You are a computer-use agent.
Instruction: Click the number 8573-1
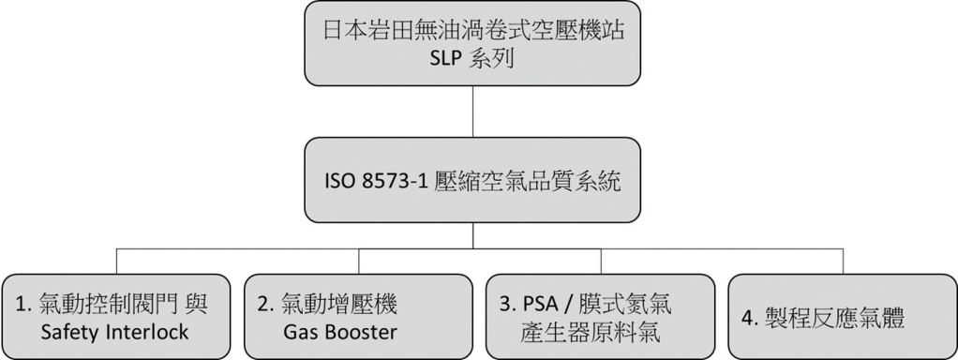pos(392,182)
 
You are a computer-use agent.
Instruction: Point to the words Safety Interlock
pos(115,332)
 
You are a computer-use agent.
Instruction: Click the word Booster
pos(361,332)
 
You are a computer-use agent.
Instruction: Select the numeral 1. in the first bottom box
pos(22,305)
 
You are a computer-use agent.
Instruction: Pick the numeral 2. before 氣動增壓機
pos(265,305)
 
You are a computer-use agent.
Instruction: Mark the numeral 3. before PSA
pos(508,305)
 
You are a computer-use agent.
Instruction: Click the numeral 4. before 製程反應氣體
pos(752,319)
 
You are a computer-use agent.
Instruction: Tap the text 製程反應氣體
pos(834,319)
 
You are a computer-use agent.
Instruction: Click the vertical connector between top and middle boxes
pos(472,112)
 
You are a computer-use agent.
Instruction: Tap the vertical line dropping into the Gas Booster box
pos(359,261)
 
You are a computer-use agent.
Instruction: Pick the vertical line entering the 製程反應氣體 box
pos(843,261)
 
